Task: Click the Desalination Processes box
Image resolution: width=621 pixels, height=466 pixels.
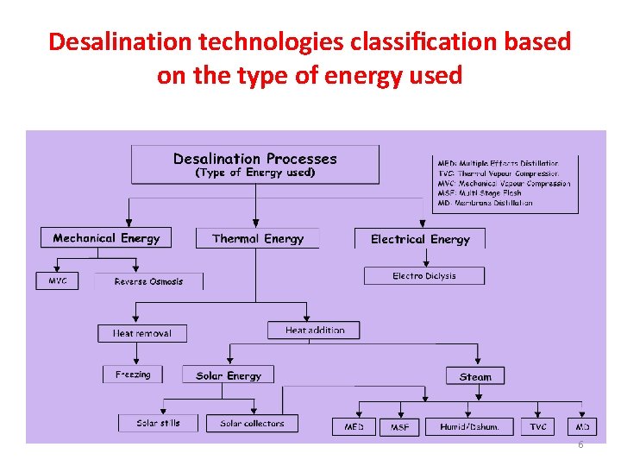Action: (254, 164)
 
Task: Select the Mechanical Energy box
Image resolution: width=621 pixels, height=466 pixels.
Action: (106, 237)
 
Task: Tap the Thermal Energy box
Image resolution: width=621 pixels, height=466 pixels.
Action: (257, 238)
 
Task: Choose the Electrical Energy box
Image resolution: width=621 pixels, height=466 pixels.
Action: (420, 239)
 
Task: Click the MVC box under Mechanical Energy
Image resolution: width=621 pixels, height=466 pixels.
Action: (58, 280)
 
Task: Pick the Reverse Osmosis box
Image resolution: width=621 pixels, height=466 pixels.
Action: (148, 281)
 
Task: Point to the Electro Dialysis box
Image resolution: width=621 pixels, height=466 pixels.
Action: (423, 276)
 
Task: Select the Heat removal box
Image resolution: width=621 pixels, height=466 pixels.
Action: (142, 333)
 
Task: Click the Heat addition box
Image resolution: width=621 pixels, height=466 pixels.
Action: (314, 331)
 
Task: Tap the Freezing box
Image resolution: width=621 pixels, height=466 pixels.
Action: (133, 375)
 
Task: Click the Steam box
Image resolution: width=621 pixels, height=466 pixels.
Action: (475, 376)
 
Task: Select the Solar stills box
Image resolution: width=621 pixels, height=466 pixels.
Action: (159, 423)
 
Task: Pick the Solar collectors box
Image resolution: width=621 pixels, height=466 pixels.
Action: (251, 423)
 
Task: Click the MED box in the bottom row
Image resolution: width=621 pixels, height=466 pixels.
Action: (354, 426)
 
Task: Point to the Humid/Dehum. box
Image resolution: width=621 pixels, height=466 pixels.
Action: (469, 426)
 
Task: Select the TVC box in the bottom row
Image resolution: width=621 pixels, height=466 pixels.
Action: (538, 426)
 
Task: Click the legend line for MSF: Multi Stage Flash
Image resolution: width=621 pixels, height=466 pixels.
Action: (480, 193)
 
